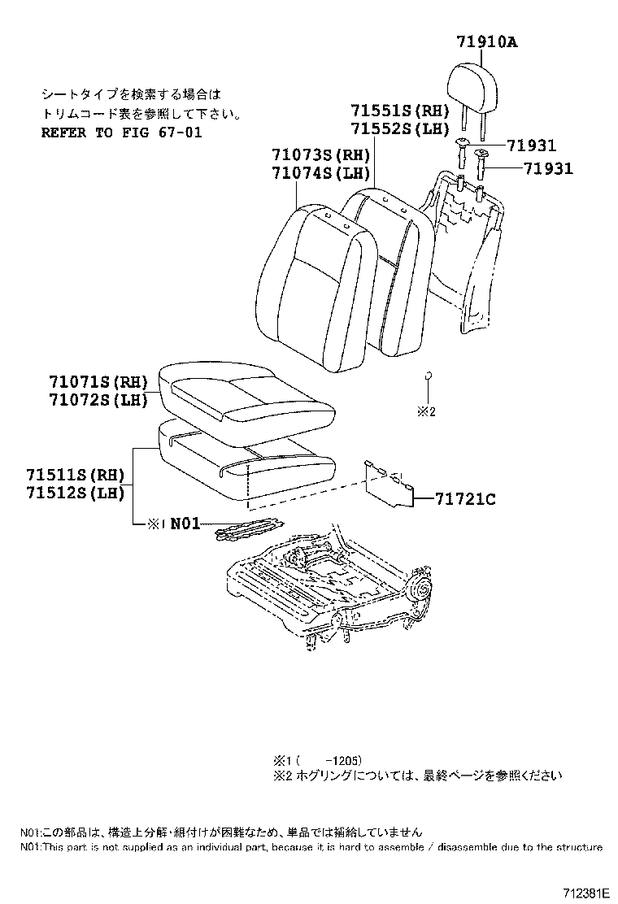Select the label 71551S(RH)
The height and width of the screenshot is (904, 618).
400,111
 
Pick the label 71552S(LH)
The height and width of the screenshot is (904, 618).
400,128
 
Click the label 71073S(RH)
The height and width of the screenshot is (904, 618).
322,155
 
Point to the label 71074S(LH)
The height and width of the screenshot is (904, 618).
322,173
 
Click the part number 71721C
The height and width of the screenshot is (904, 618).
463,499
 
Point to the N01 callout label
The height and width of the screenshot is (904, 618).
185,524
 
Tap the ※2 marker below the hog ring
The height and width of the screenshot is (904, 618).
427,411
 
